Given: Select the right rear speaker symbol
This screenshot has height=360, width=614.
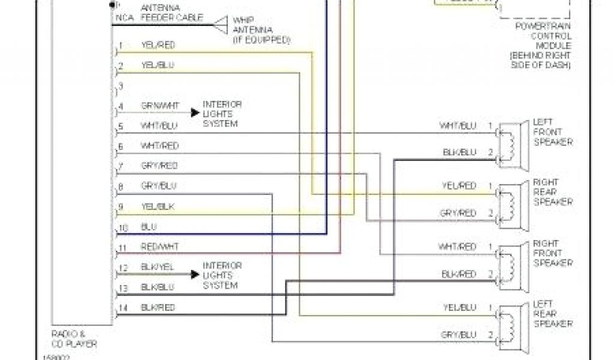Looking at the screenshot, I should click(x=513, y=202).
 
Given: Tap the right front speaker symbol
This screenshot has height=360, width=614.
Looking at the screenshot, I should click(x=513, y=262).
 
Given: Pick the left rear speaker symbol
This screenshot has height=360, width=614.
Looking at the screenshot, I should click(x=513, y=324).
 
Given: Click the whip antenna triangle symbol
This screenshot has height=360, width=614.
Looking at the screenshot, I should click(x=221, y=25).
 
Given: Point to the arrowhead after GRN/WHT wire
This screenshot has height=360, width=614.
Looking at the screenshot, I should click(x=195, y=112).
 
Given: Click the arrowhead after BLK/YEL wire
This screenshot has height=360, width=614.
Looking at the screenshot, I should click(x=195, y=274).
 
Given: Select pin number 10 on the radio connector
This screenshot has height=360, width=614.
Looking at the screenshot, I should click(x=123, y=228).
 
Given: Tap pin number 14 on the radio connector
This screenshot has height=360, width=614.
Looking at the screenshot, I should click(x=123, y=308).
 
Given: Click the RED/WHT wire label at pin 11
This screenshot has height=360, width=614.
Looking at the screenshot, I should click(x=159, y=247).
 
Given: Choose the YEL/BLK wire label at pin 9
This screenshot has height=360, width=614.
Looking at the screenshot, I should click(x=158, y=206).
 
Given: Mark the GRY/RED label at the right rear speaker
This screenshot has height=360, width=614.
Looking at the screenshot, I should click(x=458, y=213).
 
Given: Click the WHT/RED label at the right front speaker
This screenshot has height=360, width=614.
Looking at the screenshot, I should click(x=458, y=247).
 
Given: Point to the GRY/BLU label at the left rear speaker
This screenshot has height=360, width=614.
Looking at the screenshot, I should click(x=458, y=335).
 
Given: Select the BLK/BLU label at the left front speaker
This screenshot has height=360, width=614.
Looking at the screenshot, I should click(x=459, y=152).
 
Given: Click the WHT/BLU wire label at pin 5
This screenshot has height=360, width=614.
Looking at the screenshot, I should click(x=159, y=125).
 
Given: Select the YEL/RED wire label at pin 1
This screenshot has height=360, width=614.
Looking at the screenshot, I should click(x=158, y=45).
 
